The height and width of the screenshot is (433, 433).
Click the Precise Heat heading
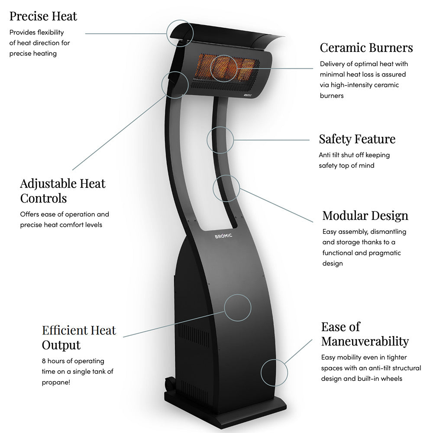pos(43,16)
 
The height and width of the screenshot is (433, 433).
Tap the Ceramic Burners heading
pos(366,47)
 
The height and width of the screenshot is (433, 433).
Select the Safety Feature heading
pos(357,139)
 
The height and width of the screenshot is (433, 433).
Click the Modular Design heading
pos(365,216)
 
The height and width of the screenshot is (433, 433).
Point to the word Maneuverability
pos(365,341)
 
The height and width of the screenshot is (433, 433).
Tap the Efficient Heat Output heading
pos(79,337)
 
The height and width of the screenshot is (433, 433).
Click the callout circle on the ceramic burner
pos(223,68)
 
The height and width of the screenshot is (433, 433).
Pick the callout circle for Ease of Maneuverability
pos(275,372)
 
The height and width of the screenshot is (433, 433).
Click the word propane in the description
pos(55,382)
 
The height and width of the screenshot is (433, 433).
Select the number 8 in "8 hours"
pos(44,361)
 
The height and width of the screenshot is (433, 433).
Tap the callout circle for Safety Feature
pos(220,140)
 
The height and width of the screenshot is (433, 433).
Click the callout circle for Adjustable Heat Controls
pos(174,84)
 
